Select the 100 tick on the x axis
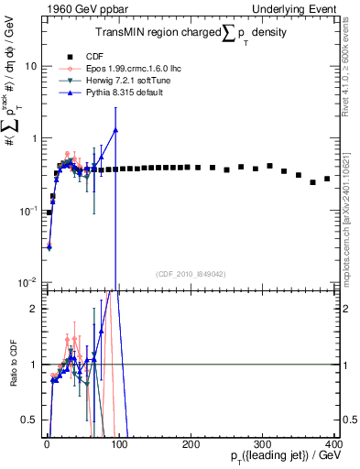pos(117,442)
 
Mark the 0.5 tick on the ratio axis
pos(32,420)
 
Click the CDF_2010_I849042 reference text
pos(190,273)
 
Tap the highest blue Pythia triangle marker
pos(115,130)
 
